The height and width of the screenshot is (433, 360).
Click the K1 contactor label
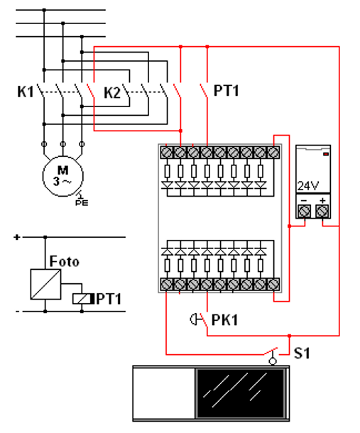pos(26,92)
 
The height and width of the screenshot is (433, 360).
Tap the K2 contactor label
pos(112,93)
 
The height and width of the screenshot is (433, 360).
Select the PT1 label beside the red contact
pos(227,91)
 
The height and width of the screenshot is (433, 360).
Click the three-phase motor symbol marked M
pos(63,176)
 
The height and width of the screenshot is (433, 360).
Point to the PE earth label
pos(82,203)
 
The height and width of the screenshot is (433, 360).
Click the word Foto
pos(64,261)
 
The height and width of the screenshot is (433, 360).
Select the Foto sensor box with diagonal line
pos(45,284)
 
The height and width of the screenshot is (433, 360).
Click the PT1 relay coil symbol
pos(82,299)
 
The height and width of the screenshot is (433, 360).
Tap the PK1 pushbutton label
pos(224,320)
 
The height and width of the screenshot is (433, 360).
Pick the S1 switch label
pos(302,353)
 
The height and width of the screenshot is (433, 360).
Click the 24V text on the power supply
pos(308,186)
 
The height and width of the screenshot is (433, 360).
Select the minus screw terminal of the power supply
pos(305,212)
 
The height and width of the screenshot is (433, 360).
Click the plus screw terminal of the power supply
pos(322,212)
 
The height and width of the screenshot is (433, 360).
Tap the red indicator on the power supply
pos(326,154)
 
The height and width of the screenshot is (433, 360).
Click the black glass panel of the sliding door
pos(241,393)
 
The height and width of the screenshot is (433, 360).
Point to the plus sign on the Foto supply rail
pos(17,237)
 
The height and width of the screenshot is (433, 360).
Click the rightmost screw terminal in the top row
pos(273,153)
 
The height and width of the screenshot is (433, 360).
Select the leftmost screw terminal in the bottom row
pos(166,284)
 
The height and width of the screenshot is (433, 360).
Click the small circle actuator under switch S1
pos(273,361)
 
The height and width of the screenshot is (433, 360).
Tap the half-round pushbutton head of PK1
pos(192,319)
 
